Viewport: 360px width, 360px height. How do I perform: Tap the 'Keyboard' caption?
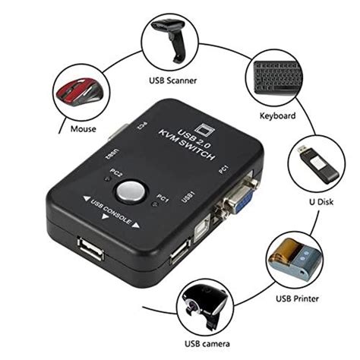coord(278,116)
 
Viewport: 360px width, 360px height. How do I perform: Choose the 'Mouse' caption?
coord(83,128)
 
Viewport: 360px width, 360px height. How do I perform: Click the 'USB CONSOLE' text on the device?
coord(106,213)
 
